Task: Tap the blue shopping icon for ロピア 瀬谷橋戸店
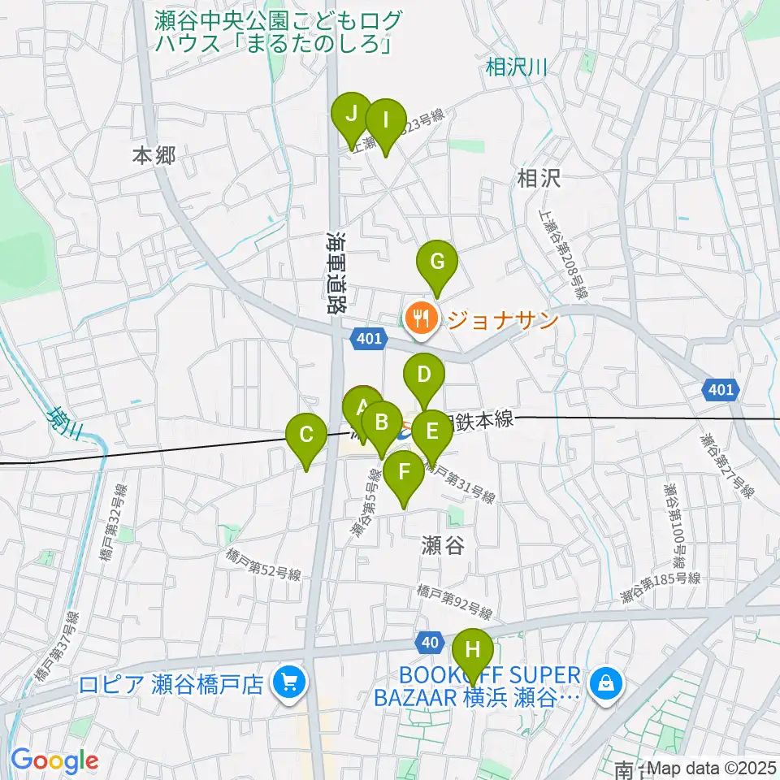288,682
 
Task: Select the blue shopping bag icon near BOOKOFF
605,682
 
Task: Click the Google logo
54,761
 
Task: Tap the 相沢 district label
539,180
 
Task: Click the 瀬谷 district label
443,545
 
